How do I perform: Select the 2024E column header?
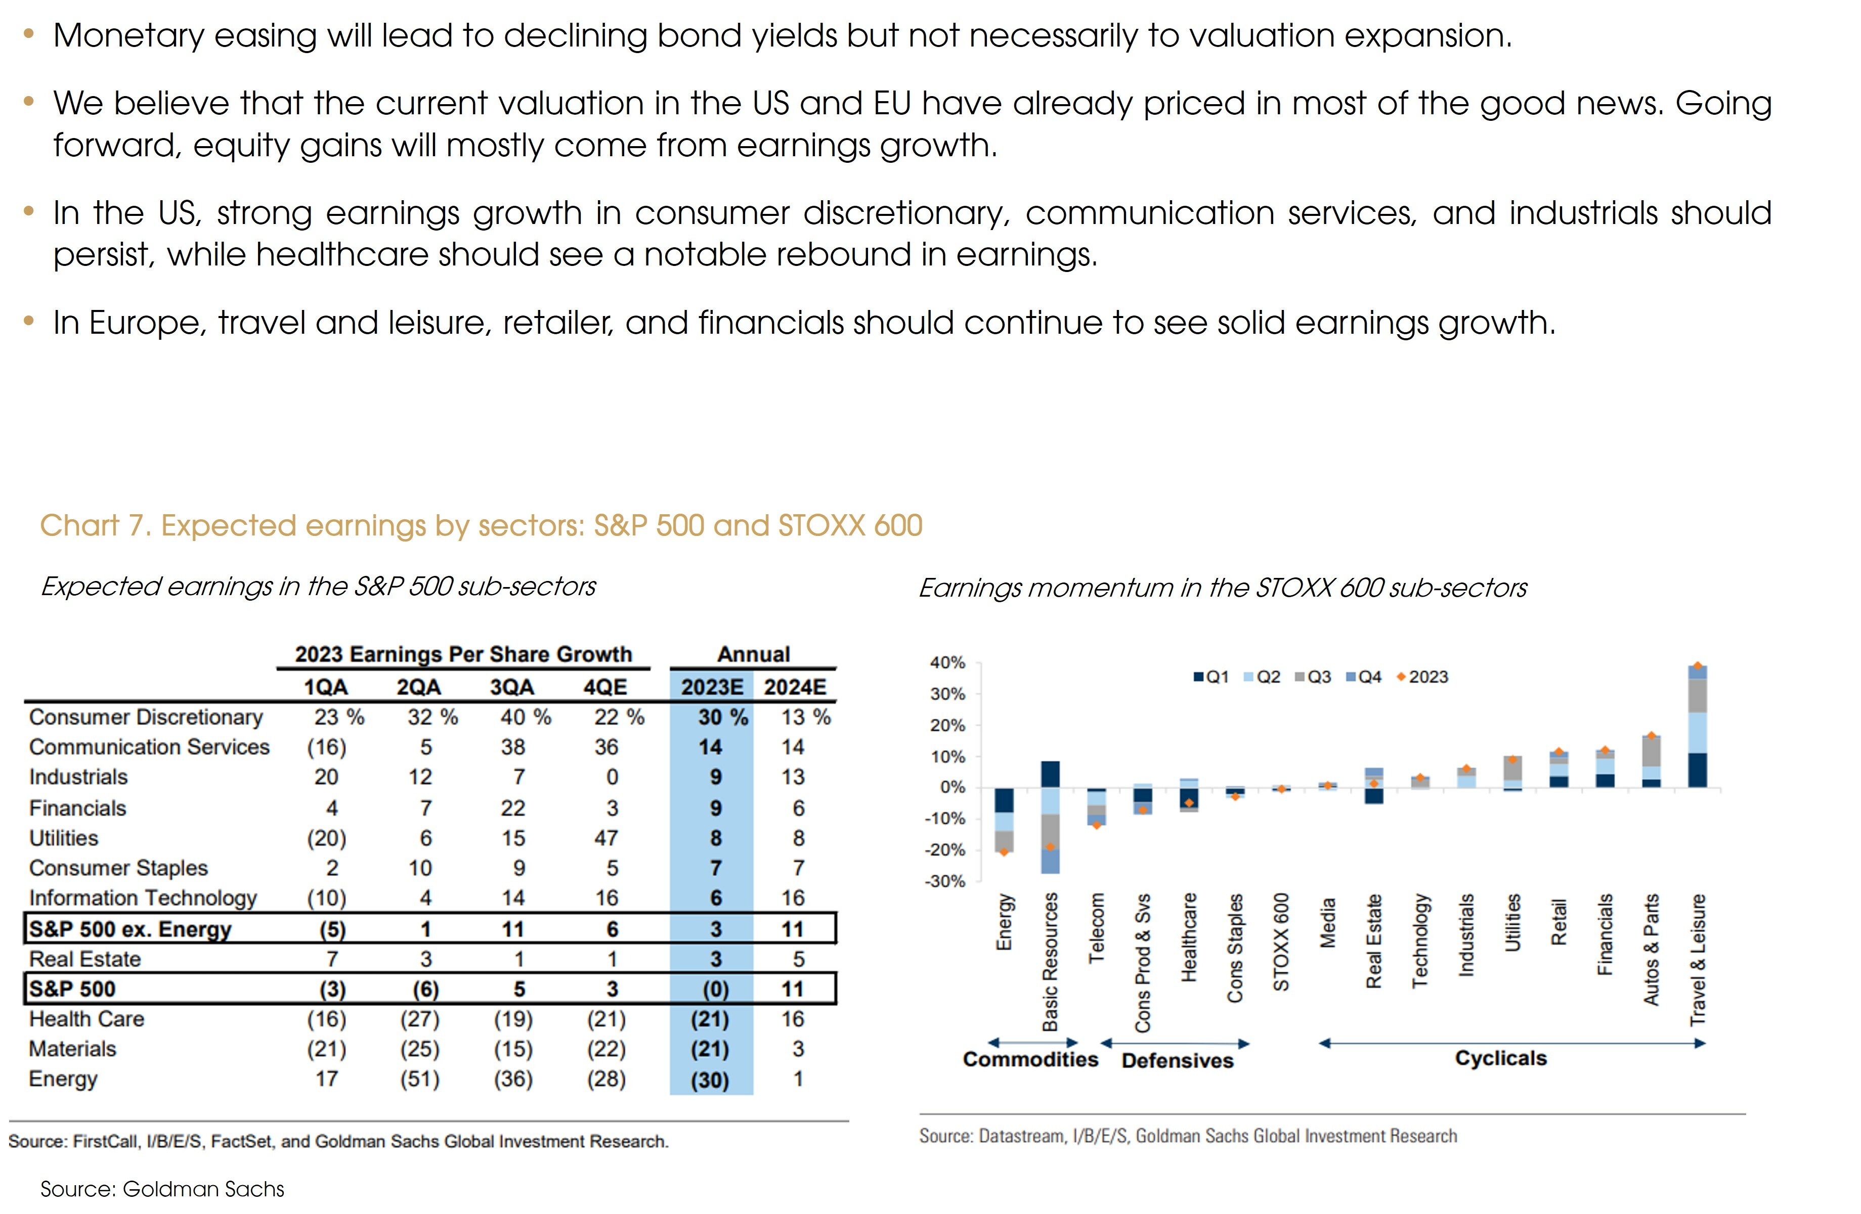[795, 687]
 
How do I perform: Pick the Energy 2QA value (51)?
[420, 1079]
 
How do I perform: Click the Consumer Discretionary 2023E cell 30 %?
[722, 717]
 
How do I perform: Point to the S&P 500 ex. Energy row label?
[130, 929]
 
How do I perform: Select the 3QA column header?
[511, 687]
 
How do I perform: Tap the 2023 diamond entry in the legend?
[1422, 677]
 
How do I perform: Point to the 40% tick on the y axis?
[947, 663]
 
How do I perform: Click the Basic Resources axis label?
[1050, 962]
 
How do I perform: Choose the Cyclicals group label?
[1500, 1058]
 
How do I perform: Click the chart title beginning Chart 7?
[481, 525]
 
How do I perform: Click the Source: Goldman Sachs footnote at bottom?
[162, 1189]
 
